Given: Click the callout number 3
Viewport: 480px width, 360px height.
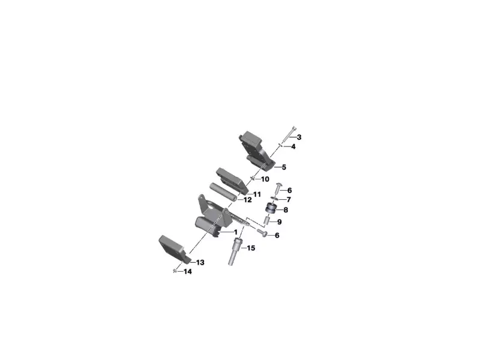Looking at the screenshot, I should (298, 137).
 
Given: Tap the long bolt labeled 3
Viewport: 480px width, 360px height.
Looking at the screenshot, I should (292, 133).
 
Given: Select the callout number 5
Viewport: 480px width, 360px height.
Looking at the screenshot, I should (284, 167).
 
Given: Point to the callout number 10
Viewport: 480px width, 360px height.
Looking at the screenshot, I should (265, 179).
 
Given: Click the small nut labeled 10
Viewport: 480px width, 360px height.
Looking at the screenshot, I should (253, 178).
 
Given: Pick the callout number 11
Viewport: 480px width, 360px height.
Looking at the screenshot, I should (257, 194).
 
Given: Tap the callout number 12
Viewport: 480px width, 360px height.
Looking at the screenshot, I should (247, 199).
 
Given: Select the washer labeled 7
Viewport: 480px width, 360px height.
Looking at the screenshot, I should (274, 198).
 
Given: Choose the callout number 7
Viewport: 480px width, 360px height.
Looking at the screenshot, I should (289, 199).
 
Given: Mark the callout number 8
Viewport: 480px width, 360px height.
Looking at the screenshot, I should (286, 210).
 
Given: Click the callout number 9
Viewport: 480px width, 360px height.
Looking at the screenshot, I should (280, 222).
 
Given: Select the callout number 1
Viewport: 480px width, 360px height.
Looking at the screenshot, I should (235, 232).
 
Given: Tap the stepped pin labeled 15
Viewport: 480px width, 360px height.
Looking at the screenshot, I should (233, 253).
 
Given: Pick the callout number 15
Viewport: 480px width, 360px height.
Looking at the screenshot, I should (251, 248).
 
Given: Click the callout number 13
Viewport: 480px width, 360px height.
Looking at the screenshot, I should (200, 263).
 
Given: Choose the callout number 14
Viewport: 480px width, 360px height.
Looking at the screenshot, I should (188, 272).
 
